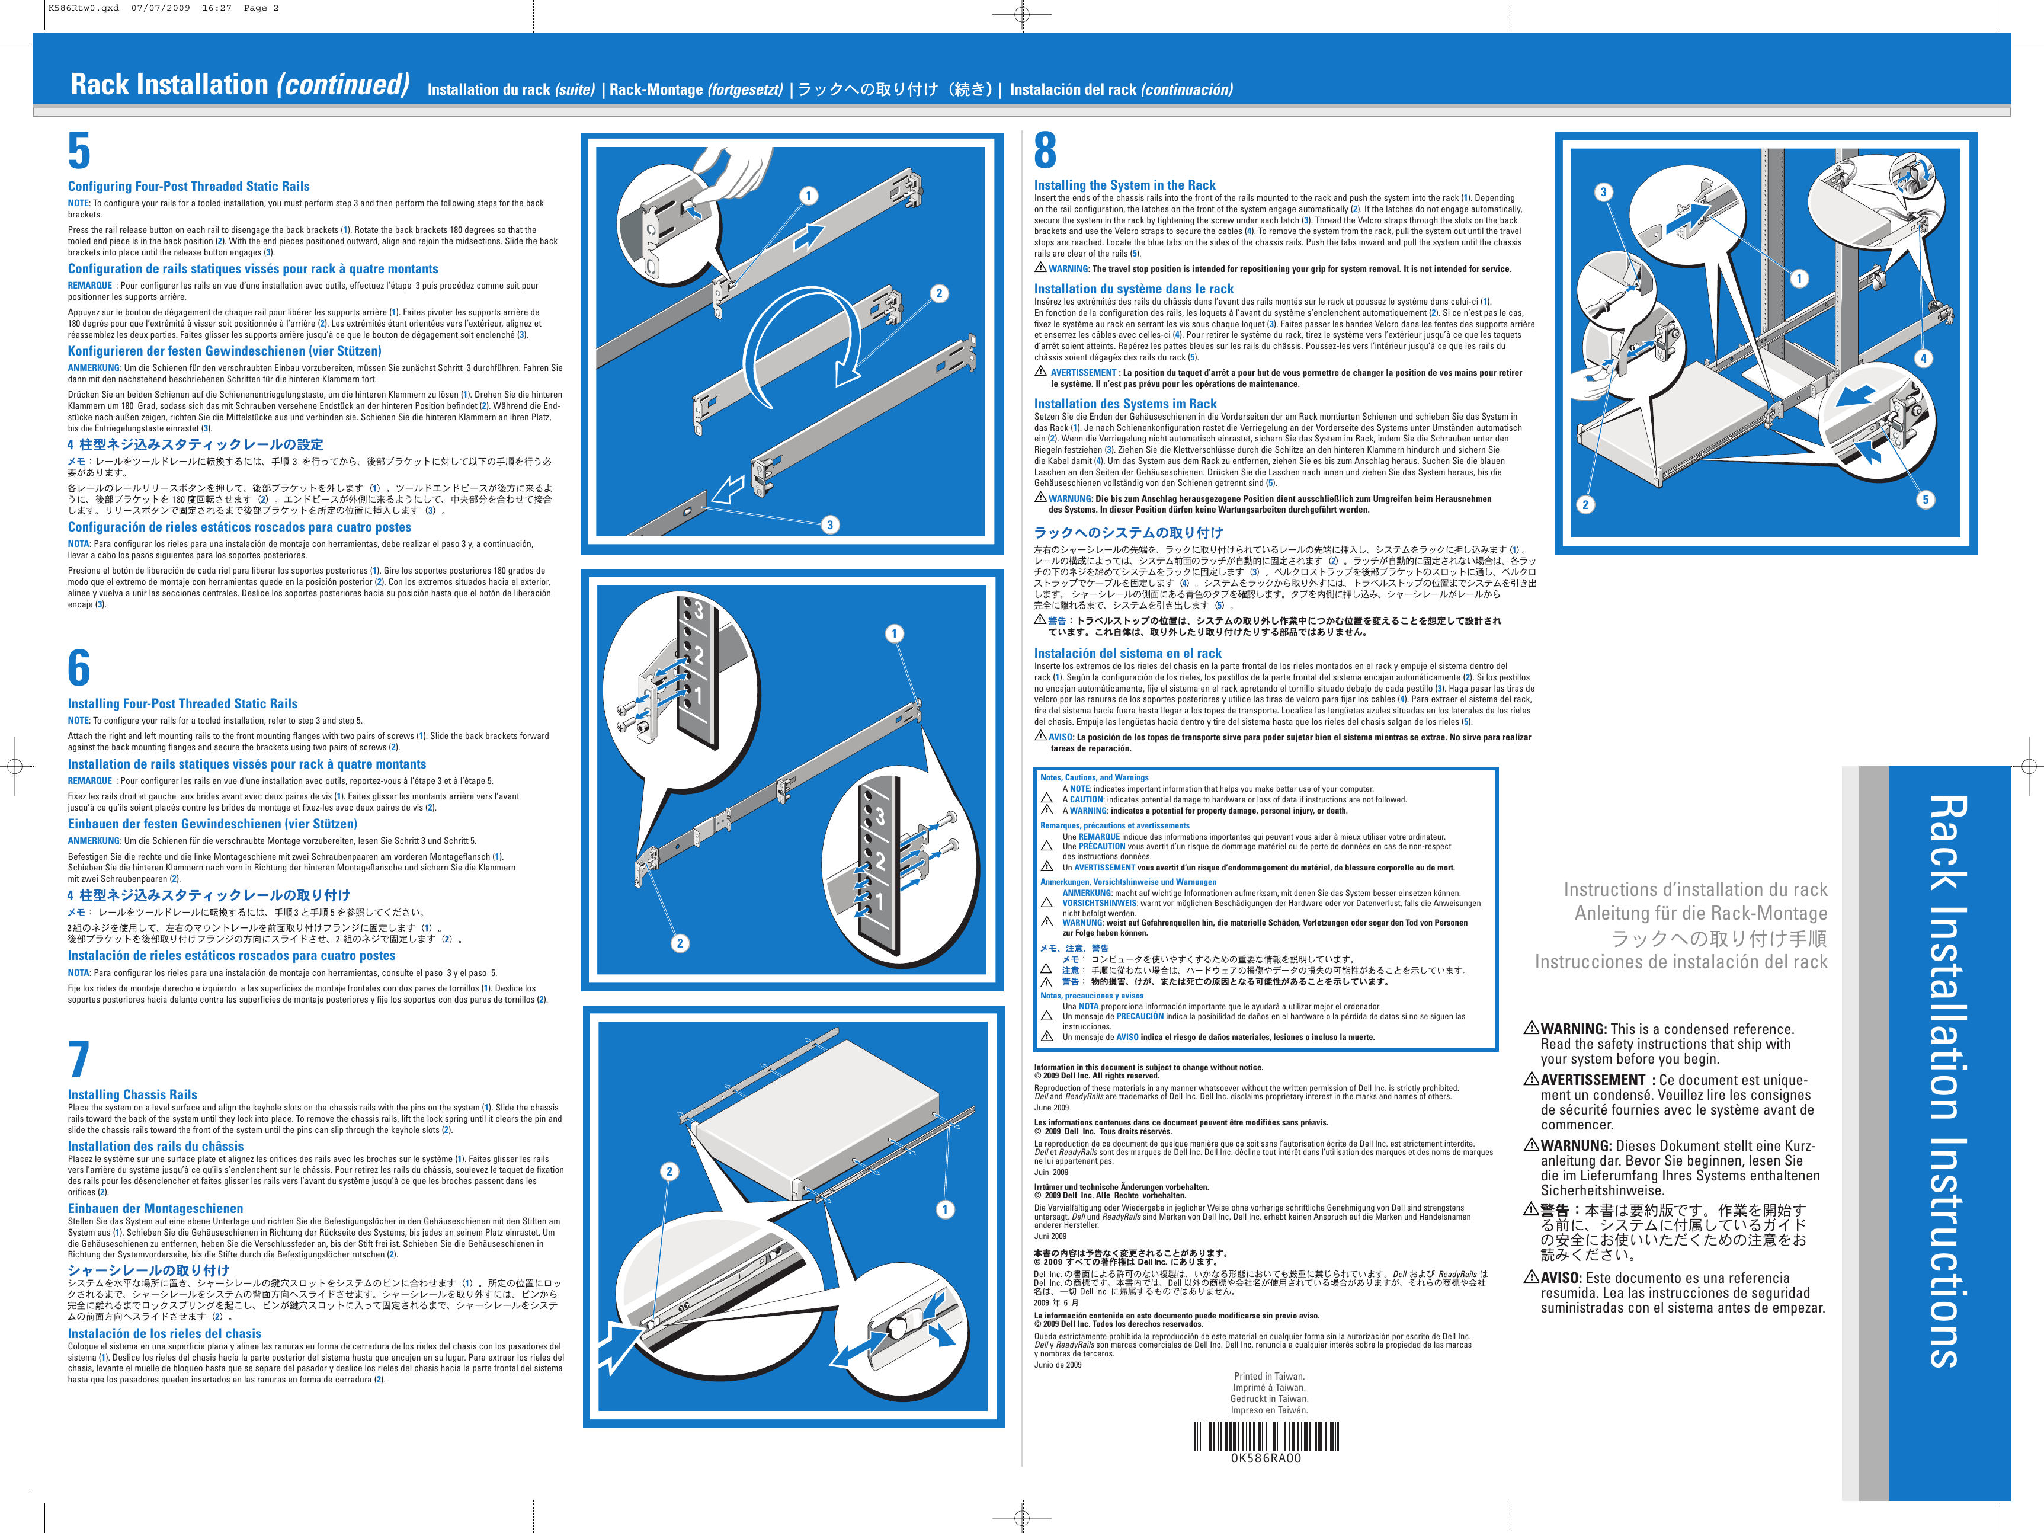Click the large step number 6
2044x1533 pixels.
pos(79,668)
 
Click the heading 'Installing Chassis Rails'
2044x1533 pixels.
pos(132,1094)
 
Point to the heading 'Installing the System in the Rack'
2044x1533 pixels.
pos(1124,185)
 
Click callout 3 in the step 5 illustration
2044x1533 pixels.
pos(830,525)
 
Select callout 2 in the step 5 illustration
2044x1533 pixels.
pos(939,294)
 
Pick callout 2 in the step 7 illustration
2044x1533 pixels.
pos(670,1172)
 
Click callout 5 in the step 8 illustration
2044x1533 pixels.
pos(1926,500)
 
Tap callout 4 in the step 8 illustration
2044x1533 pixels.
pos(1923,359)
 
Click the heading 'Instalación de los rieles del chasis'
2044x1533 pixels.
pos(165,1333)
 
